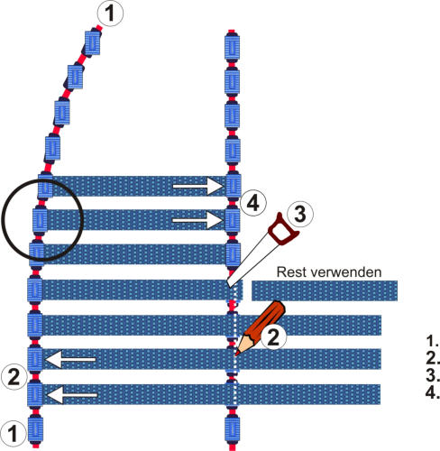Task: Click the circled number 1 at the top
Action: (110, 14)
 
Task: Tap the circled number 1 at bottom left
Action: (13, 434)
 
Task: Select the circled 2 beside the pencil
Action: (273, 336)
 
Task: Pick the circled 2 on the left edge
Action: (14, 377)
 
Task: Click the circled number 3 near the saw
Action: (300, 214)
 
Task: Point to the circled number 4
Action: (252, 204)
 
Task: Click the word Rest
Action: (291, 272)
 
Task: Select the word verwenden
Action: (346, 272)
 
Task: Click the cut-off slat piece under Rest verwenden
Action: (325, 290)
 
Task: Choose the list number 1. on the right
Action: (433, 341)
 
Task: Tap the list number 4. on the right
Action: (433, 392)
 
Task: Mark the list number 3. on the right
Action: (433, 375)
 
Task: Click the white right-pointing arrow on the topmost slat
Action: (198, 186)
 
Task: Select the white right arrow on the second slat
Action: (197, 220)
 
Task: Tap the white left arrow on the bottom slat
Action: (72, 395)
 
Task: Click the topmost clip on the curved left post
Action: (93, 42)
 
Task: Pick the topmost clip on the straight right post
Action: (232, 46)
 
